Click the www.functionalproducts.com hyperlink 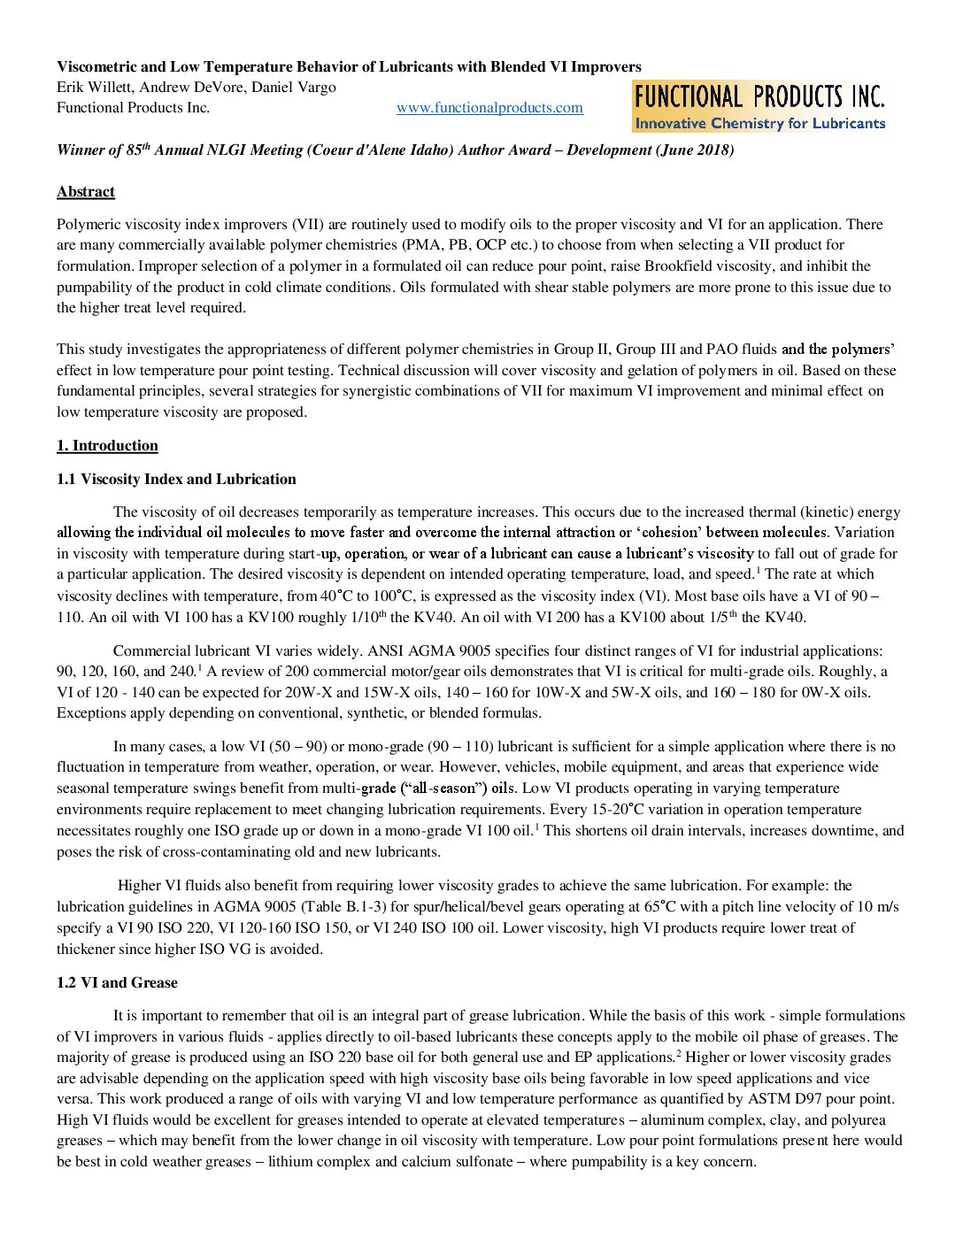(489, 108)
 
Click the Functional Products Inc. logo (759, 106)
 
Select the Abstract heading (86, 192)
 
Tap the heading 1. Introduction (107, 446)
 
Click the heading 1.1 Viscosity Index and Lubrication (176, 480)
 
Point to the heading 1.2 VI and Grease (117, 983)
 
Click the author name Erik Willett (94, 88)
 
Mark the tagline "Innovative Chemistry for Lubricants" (759, 124)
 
